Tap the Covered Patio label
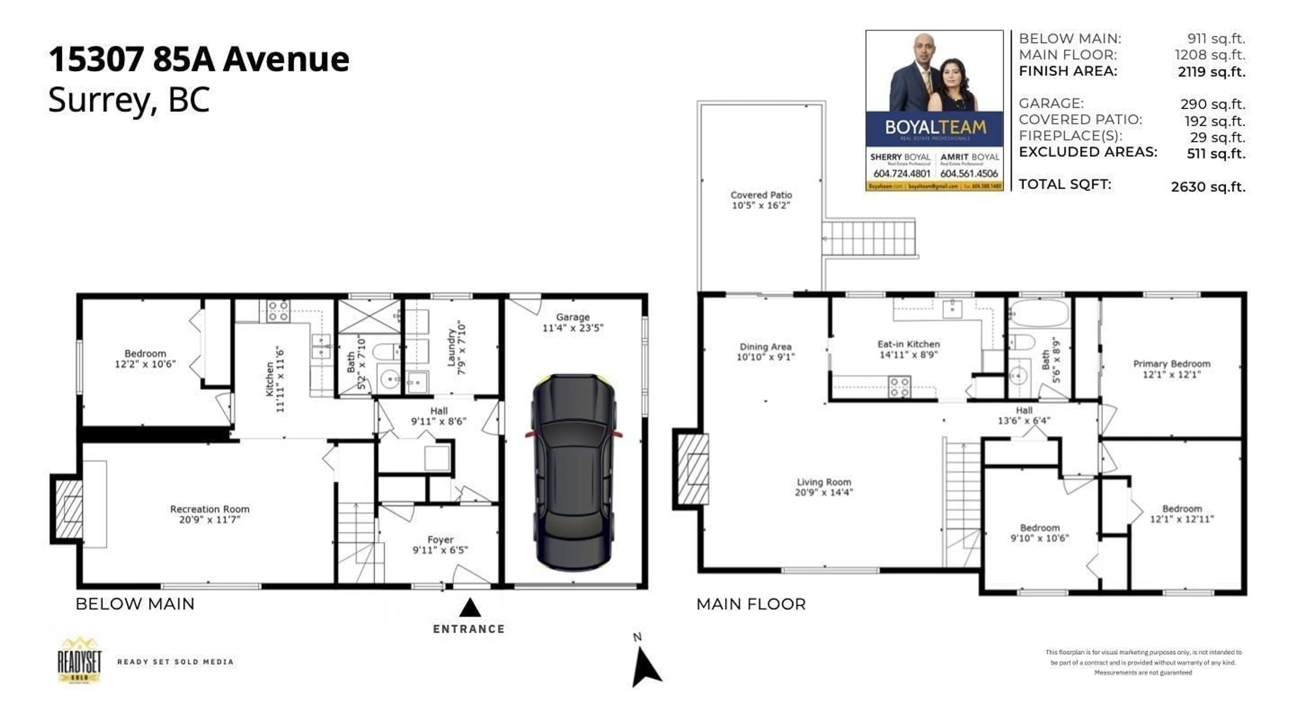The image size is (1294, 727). pos(761,195)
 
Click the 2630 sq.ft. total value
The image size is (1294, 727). pos(1208,187)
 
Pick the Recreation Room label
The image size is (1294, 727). pos(210,509)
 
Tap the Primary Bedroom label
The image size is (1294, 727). pos(1171,364)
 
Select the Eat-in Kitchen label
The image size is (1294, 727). pos(908,344)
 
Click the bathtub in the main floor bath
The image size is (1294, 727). pos(1039,313)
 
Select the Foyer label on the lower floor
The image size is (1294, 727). pos(440,540)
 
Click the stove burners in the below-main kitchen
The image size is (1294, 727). pos(278,311)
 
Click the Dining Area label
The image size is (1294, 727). pos(765,347)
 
